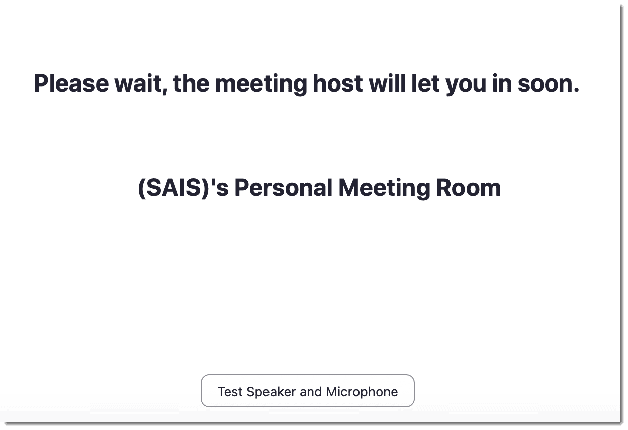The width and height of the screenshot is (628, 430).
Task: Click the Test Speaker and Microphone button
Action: coord(308,391)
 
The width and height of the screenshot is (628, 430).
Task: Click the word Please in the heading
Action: coord(71,83)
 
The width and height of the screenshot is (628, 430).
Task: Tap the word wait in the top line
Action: coord(140,83)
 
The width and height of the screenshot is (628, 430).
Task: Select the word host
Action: coord(337,83)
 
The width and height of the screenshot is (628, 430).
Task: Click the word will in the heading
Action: coord(387,83)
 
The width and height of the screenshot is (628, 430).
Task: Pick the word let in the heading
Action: coord(425,83)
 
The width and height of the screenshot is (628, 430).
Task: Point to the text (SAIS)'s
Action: coord(183,188)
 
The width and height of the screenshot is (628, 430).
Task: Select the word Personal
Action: coord(284,188)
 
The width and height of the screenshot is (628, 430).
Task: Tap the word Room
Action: coord(468,188)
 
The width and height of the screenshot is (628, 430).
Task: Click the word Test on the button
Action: coord(230,392)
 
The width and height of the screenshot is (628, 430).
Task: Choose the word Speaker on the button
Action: coord(271,392)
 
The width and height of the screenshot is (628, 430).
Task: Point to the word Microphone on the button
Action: coord(362,392)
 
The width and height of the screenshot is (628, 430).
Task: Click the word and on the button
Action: coord(311,392)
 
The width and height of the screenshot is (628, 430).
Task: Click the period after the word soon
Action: coord(576,90)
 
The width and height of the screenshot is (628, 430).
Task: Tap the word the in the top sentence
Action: coord(191,83)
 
